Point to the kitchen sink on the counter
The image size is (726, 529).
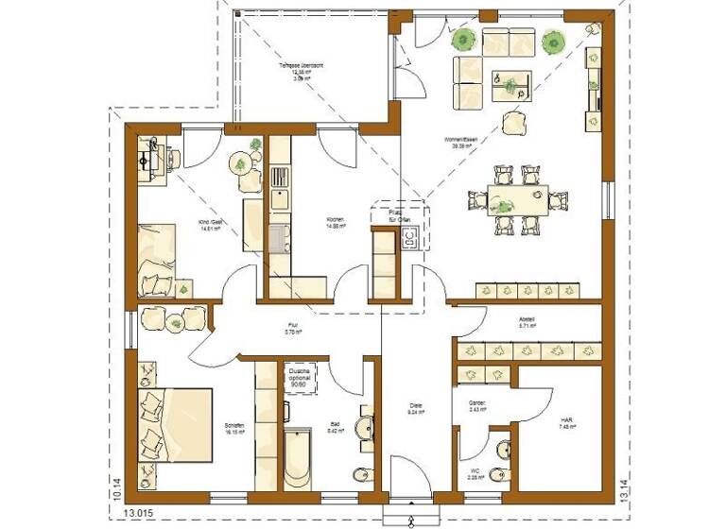tap(279, 198)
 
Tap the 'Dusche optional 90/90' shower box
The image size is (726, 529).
tap(301, 379)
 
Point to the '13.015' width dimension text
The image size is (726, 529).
tap(137, 517)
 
